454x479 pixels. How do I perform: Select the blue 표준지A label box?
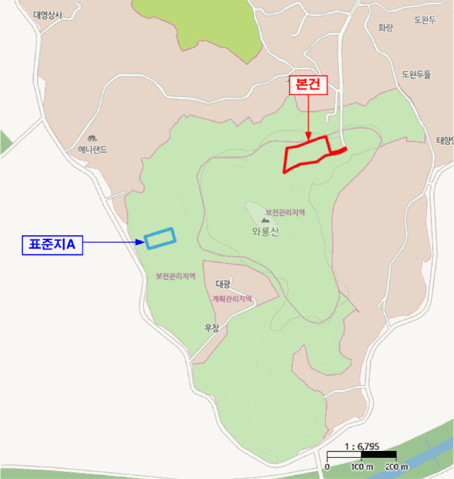pos(52,243)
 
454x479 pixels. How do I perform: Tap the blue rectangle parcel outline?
pos(160,237)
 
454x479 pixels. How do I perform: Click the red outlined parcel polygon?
pos(307,154)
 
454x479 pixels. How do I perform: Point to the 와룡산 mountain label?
pos(266,231)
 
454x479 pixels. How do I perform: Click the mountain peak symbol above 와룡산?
pos(266,220)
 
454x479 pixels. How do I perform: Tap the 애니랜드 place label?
pos(92,148)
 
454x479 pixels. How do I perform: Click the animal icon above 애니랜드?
pos(92,137)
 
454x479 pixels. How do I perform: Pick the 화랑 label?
pos(386,28)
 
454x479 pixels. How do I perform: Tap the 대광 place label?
pos(223,283)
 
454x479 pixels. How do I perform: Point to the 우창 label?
pos(212,328)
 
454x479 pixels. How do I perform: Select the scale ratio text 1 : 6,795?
pos(362,445)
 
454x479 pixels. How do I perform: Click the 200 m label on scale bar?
pos(395,467)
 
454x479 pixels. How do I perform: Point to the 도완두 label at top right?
pos(425,21)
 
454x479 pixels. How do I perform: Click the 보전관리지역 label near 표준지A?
pos(176,276)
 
